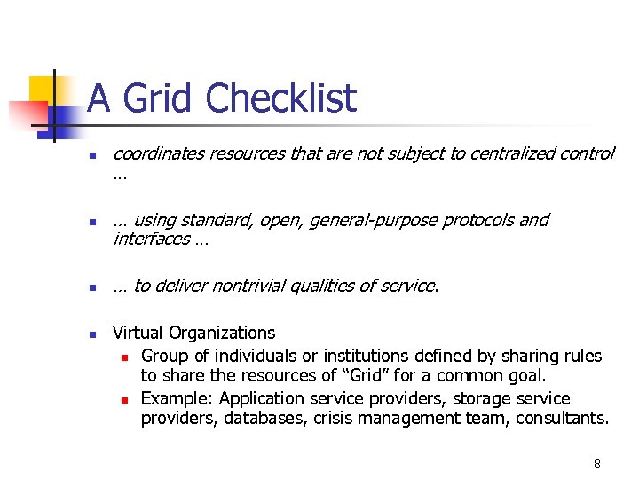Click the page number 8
tap(597, 464)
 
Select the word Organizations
tap(221, 334)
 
